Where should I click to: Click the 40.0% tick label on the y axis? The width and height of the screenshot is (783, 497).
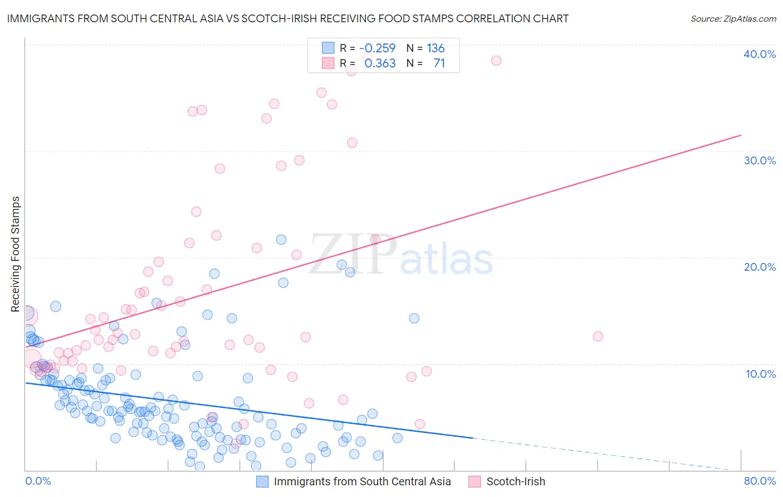point(760,54)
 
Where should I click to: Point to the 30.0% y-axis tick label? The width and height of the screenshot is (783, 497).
point(760,160)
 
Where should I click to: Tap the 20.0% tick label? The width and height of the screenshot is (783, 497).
point(760,267)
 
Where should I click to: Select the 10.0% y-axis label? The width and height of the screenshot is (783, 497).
point(761,374)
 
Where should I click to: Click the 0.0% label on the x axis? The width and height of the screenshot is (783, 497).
point(38,481)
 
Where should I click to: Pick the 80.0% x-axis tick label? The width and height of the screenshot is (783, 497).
point(760,481)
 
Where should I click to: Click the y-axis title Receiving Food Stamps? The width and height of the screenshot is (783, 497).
point(16,254)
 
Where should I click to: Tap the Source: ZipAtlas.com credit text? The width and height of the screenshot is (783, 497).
point(733,18)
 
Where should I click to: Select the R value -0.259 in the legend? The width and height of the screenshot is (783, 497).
point(377,48)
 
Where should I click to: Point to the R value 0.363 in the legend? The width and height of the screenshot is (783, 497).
point(380,64)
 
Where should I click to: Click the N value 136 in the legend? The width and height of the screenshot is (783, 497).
point(435,48)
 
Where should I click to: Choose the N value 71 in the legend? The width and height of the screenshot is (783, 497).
point(439,64)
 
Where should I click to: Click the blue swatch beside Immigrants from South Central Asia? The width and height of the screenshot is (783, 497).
point(262,481)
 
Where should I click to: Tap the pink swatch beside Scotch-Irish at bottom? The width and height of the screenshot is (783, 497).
point(474,481)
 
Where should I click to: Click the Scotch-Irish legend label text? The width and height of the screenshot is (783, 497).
point(516,481)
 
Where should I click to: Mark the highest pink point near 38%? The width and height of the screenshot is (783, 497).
point(496,61)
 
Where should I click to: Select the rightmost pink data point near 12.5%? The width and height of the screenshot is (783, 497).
point(598,336)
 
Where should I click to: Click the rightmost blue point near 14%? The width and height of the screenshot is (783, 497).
point(414,318)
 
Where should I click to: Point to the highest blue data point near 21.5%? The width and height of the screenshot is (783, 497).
point(281,240)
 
